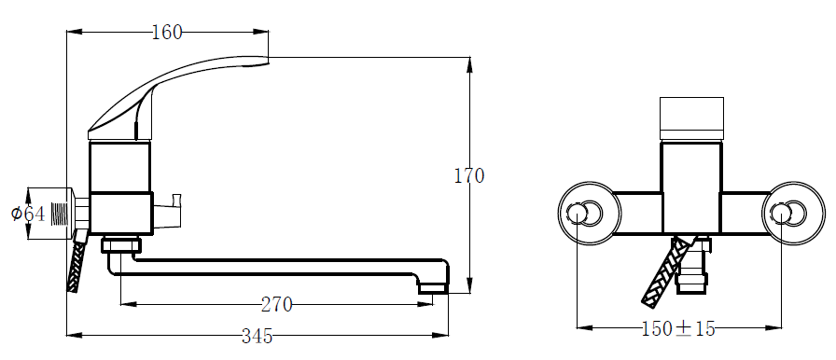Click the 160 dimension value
(x=167, y=33)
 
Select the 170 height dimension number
(x=469, y=175)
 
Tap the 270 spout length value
(x=277, y=305)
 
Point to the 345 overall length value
(x=257, y=336)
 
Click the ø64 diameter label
(x=28, y=215)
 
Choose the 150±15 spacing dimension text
(x=678, y=328)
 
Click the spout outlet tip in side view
(x=432, y=288)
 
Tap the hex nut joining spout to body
(x=121, y=245)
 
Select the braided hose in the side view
(x=77, y=262)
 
